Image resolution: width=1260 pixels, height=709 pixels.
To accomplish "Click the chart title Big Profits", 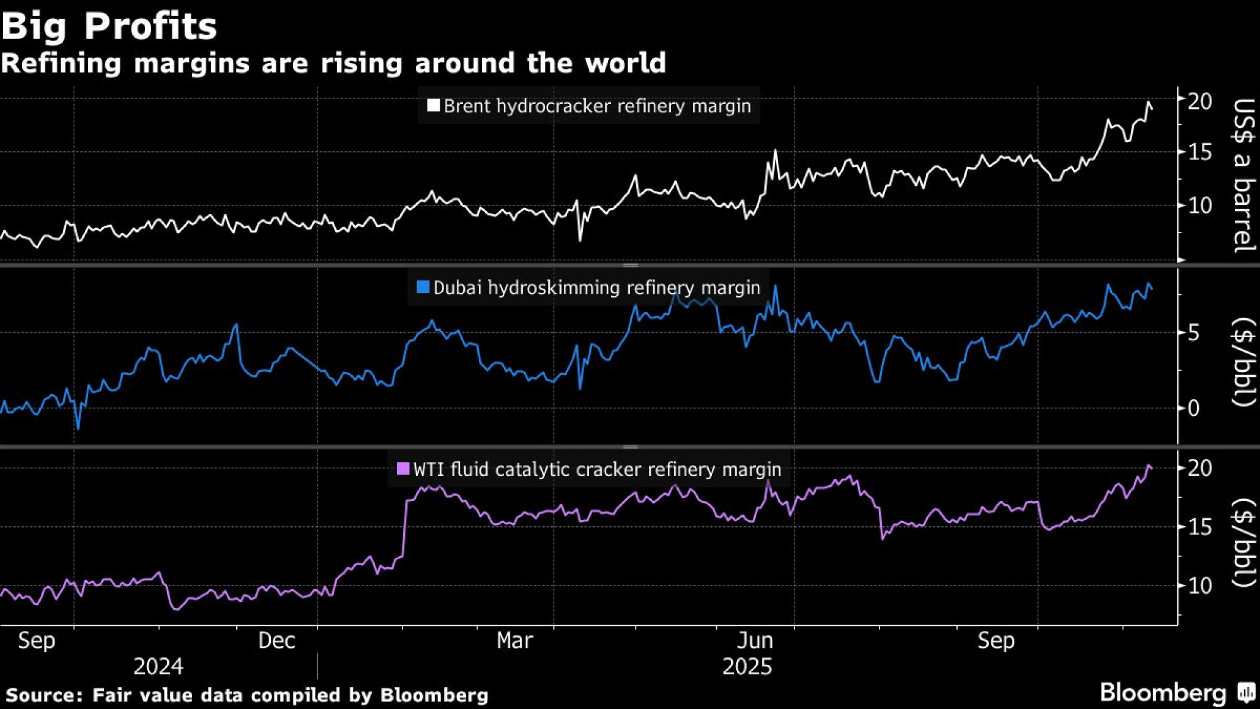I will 109,26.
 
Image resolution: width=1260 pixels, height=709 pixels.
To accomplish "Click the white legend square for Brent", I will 433,105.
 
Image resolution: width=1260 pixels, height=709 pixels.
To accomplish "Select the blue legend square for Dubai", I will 423,287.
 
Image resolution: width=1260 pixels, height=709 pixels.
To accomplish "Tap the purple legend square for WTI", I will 403,469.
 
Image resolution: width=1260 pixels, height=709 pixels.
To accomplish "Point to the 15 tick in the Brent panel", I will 1200,152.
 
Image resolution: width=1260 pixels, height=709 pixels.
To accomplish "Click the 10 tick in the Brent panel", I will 1200,205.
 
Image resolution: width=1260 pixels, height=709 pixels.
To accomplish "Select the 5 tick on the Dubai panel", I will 1193,333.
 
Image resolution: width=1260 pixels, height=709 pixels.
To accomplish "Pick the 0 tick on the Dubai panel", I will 1193,408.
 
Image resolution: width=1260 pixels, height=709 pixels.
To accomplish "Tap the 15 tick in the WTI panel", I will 1200,527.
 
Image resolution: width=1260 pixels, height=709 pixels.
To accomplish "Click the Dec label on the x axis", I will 277,641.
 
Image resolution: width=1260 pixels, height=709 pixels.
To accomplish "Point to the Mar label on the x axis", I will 515,641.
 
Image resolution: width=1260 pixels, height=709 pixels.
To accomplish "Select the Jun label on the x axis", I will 755,641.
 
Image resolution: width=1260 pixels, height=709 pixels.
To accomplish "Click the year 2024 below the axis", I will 158,667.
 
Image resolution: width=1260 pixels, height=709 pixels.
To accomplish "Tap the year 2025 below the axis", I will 747,667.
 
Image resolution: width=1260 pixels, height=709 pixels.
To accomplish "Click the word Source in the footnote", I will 43,695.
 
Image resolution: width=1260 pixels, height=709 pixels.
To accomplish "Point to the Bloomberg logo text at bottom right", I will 1163,693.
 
